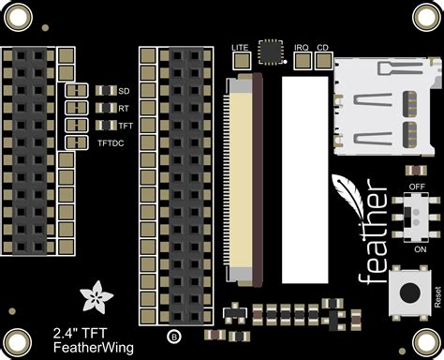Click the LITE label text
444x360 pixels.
[x=240, y=46]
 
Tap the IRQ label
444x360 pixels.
[x=302, y=46]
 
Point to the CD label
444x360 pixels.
[x=323, y=46]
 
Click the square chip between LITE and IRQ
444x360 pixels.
[x=271, y=52]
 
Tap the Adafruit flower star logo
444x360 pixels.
[x=97, y=298]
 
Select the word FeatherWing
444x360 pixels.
[x=80, y=347]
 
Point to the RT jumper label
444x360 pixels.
[x=123, y=109]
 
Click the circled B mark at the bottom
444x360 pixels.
[x=172, y=336]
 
